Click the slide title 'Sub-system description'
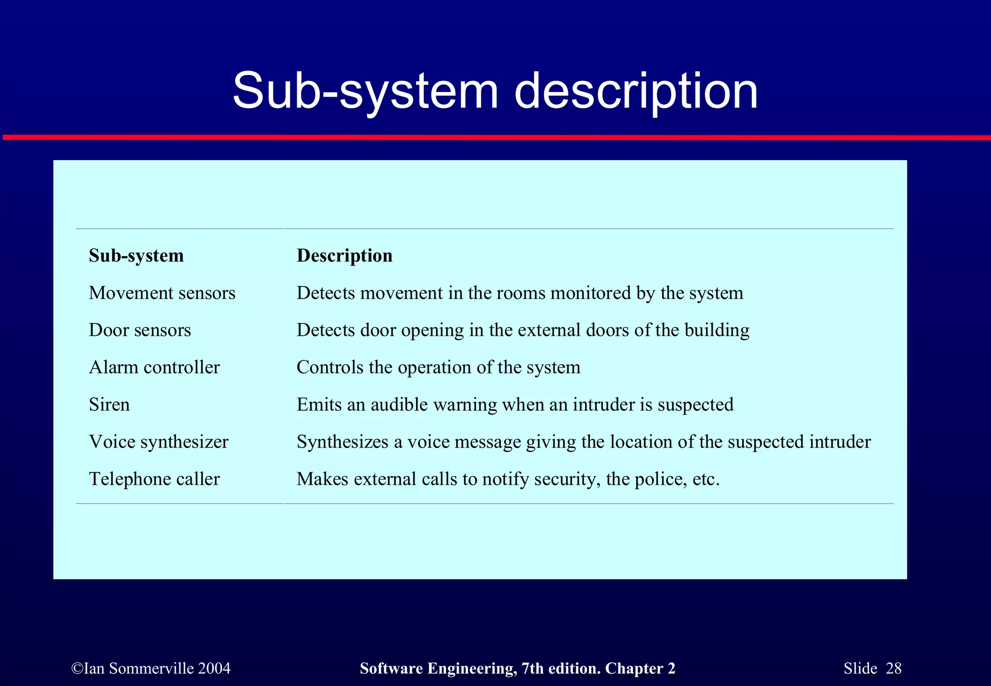[495, 91]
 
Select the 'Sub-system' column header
[136, 255]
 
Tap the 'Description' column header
[345, 255]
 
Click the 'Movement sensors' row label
[162, 293]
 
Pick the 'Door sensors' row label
[140, 330]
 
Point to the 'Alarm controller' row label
[154, 368]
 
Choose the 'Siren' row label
[109, 405]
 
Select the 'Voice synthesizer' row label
[159, 442]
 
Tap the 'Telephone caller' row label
[154, 479]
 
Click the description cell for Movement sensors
[520, 293]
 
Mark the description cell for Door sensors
[523, 330]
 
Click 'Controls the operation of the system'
[438, 368]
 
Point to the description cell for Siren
[515, 405]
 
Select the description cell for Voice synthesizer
[584, 442]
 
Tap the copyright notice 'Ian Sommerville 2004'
[151, 669]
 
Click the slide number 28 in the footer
[893, 669]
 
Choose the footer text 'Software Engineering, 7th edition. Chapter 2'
[517, 669]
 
